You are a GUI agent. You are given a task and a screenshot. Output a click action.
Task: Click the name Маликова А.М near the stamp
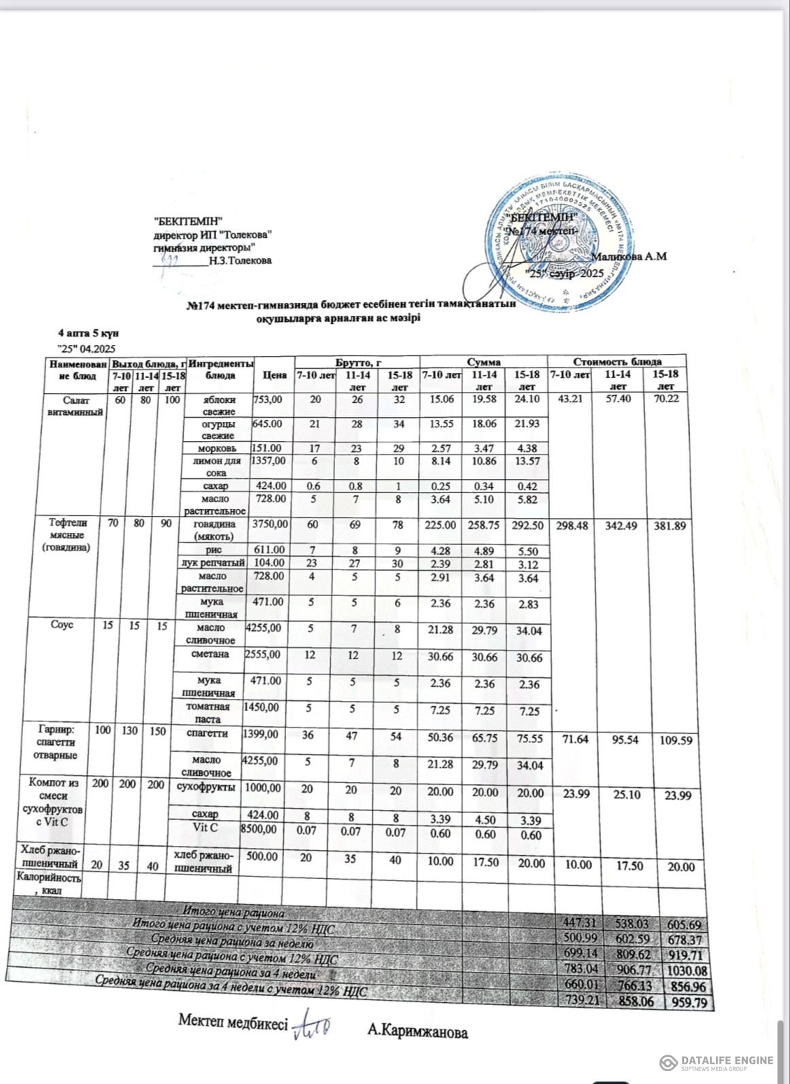coord(630,257)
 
